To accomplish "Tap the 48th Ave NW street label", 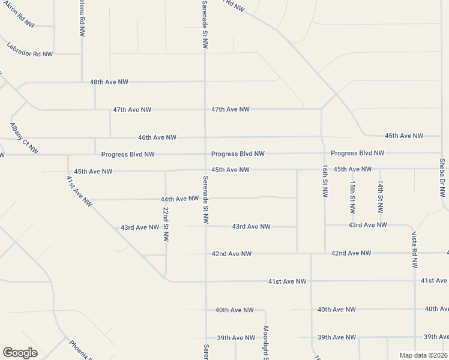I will pos(109,82).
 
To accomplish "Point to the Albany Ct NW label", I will pos(24,138).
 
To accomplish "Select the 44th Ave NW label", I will pos(179,199).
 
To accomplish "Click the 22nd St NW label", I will pos(166,224).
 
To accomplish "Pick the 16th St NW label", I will pos(325,181).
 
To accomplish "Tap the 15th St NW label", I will pos(352,197).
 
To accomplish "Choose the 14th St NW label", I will pos(380,197).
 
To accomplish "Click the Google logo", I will pos(20,353).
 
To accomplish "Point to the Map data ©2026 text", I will pos(423,355).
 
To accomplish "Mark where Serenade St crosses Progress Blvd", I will pos(205,154).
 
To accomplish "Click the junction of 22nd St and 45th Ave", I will pos(166,171).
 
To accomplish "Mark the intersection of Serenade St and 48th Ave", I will pos(205,82).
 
